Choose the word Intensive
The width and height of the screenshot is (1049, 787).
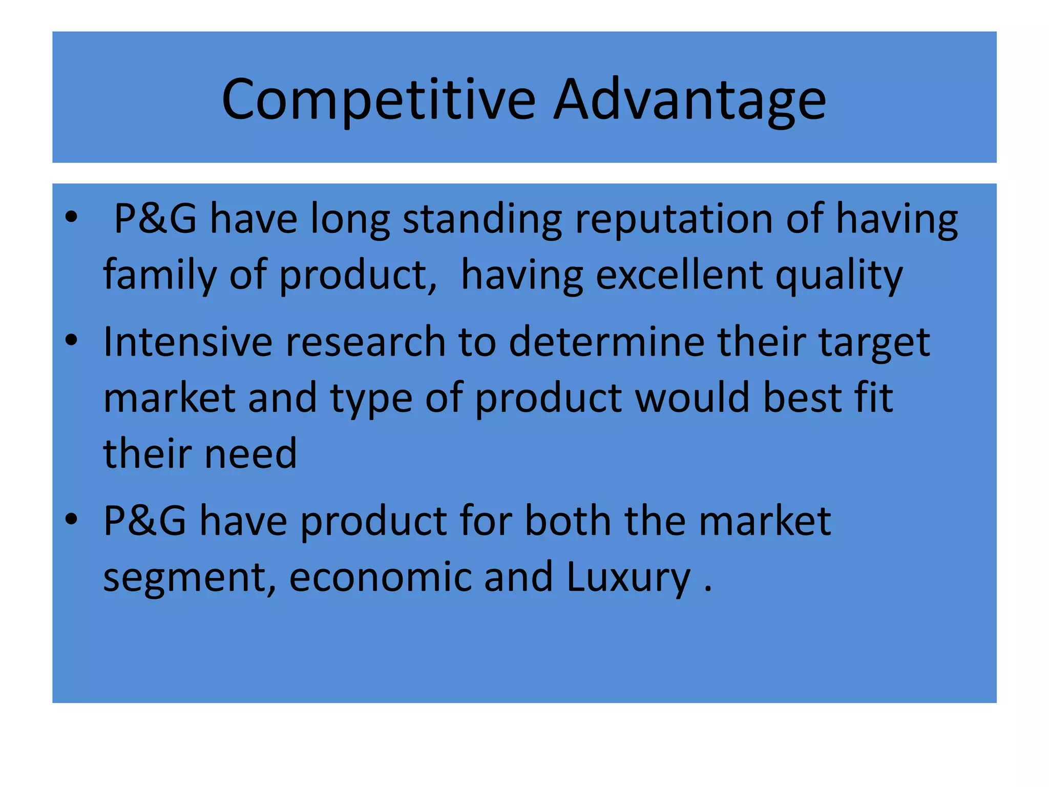tap(187, 342)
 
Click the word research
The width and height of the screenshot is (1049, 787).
tap(365, 342)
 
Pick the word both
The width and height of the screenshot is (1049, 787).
tap(568, 521)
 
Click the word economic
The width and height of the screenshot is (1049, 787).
tap(380, 577)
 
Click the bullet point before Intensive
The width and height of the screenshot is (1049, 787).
tap(71, 340)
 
